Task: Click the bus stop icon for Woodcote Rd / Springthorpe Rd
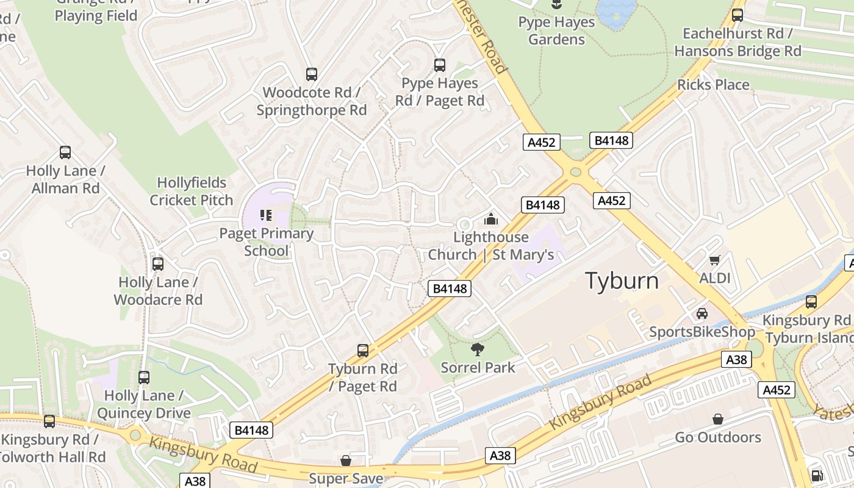(x=312, y=74)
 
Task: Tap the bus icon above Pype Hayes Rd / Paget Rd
(x=440, y=65)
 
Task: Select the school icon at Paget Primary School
(x=266, y=215)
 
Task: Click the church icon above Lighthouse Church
(x=491, y=219)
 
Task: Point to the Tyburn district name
(x=622, y=281)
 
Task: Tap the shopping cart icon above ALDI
(x=715, y=260)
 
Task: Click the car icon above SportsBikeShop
(x=702, y=314)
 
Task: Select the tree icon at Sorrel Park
(x=478, y=349)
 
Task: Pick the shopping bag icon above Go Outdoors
(x=718, y=419)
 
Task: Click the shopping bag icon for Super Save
(x=346, y=461)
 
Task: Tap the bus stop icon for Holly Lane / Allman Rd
(x=65, y=152)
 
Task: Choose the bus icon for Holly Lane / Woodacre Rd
(x=158, y=264)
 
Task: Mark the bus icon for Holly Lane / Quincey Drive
(x=144, y=378)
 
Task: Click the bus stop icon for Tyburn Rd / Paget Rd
(x=363, y=351)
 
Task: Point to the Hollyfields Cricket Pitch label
(x=192, y=192)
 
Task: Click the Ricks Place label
(x=713, y=85)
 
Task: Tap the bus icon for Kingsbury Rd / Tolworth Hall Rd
(x=49, y=421)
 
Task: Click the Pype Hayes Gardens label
(x=556, y=31)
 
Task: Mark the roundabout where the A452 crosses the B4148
(x=575, y=172)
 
